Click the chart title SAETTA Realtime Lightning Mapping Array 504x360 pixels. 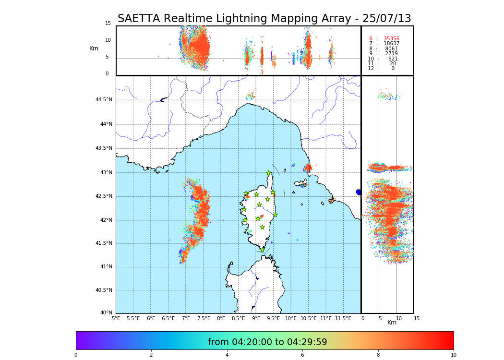pyautogui.click(x=264, y=19)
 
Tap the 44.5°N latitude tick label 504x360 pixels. pyautogui.click(x=104, y=100)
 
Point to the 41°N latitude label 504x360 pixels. pyautogui.click(x=106, y=267)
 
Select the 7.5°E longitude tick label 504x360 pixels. pyautogui.click(x=204, y=319)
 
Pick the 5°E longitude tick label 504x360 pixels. pyautogui.click(x=116, y=319)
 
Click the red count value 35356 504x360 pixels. pyautogui.click(x=391, y=39)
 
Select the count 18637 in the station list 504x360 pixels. pyautogui.click(x=391, y=44)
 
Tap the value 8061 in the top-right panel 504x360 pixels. pyautogui.click(x=391, y=49)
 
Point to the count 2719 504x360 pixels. pyautogui.click(x=391, y=54)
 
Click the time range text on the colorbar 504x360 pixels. pyautogui.click(x=267, y=342)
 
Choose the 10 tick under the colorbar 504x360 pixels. pyautogui.click(x=453, y=355)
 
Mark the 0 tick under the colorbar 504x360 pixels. pyautogui.click(x=76, y=355)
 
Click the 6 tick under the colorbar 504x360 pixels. pyautogui.click(x=302, y=355)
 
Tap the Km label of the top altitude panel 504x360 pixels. pyautogui.click(x=94, y=48)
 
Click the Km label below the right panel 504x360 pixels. pyautogui.click(x=392, y=323)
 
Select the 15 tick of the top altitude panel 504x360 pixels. pyautogui.click(x=108, y=24)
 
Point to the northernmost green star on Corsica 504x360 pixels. pyautogui.click(x=269, y=173)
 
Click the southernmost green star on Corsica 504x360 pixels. pyautogui.click(x=262, y=250)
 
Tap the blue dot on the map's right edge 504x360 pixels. pyautogui.click(x=359, y=192)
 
